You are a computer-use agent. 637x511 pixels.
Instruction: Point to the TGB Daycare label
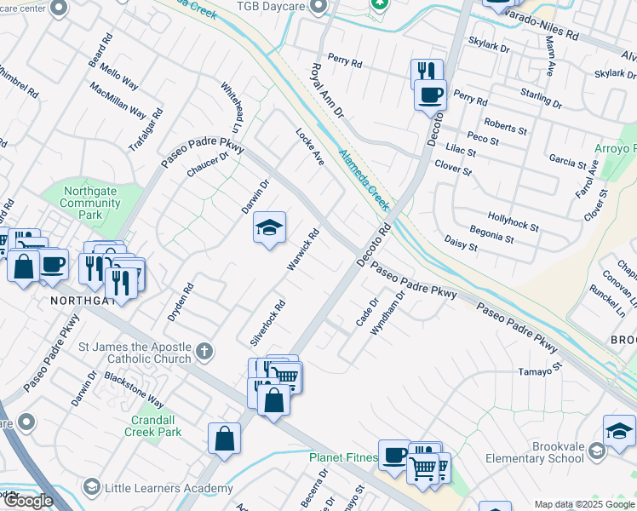tap(270, 7)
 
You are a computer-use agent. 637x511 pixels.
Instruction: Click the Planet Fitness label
tap(342, 457)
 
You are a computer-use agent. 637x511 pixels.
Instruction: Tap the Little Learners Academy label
tap(168, 488)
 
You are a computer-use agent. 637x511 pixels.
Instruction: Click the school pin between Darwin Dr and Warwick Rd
tap(269, 228)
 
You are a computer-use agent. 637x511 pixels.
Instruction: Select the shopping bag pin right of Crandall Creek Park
tap(224, 439)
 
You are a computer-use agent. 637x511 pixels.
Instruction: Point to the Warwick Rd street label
tap(303, 250)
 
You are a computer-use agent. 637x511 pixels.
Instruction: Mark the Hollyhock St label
tap(514, 222)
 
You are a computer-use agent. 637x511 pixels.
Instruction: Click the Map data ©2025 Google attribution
tap(583, 504)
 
